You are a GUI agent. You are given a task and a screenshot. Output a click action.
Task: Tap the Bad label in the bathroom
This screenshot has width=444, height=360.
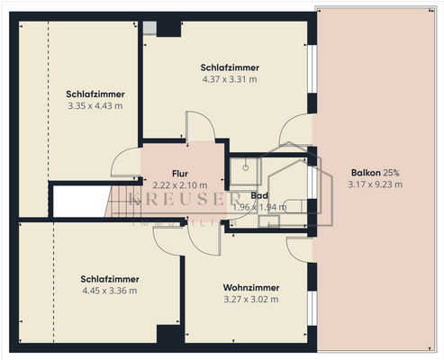(x=259, y=195)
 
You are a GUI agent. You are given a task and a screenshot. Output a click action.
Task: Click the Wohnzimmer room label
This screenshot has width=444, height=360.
(x=250, y=288)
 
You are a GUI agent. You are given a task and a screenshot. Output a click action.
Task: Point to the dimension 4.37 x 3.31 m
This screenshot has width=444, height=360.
(x=231, y=79)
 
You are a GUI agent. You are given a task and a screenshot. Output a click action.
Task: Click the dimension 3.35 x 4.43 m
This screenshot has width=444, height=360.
(x=95, y=105)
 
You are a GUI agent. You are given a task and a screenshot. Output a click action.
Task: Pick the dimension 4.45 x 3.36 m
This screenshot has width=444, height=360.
(x=109, y=291)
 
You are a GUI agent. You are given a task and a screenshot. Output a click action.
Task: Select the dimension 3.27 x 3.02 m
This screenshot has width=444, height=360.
(x=250, y=300)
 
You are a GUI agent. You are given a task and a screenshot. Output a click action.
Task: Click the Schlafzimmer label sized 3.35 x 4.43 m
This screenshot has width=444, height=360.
(x=95, y=94)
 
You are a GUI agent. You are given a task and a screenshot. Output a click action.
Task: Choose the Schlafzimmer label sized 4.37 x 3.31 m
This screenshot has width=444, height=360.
(x=231, y=67)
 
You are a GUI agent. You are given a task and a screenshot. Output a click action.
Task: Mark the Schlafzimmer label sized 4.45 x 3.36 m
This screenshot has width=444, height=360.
(x=109, y=279)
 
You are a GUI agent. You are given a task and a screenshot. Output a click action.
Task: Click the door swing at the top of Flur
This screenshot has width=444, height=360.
(x=195, y=127)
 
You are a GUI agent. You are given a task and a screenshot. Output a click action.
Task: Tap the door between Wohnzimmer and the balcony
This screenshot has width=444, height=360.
(x=301, y=248)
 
